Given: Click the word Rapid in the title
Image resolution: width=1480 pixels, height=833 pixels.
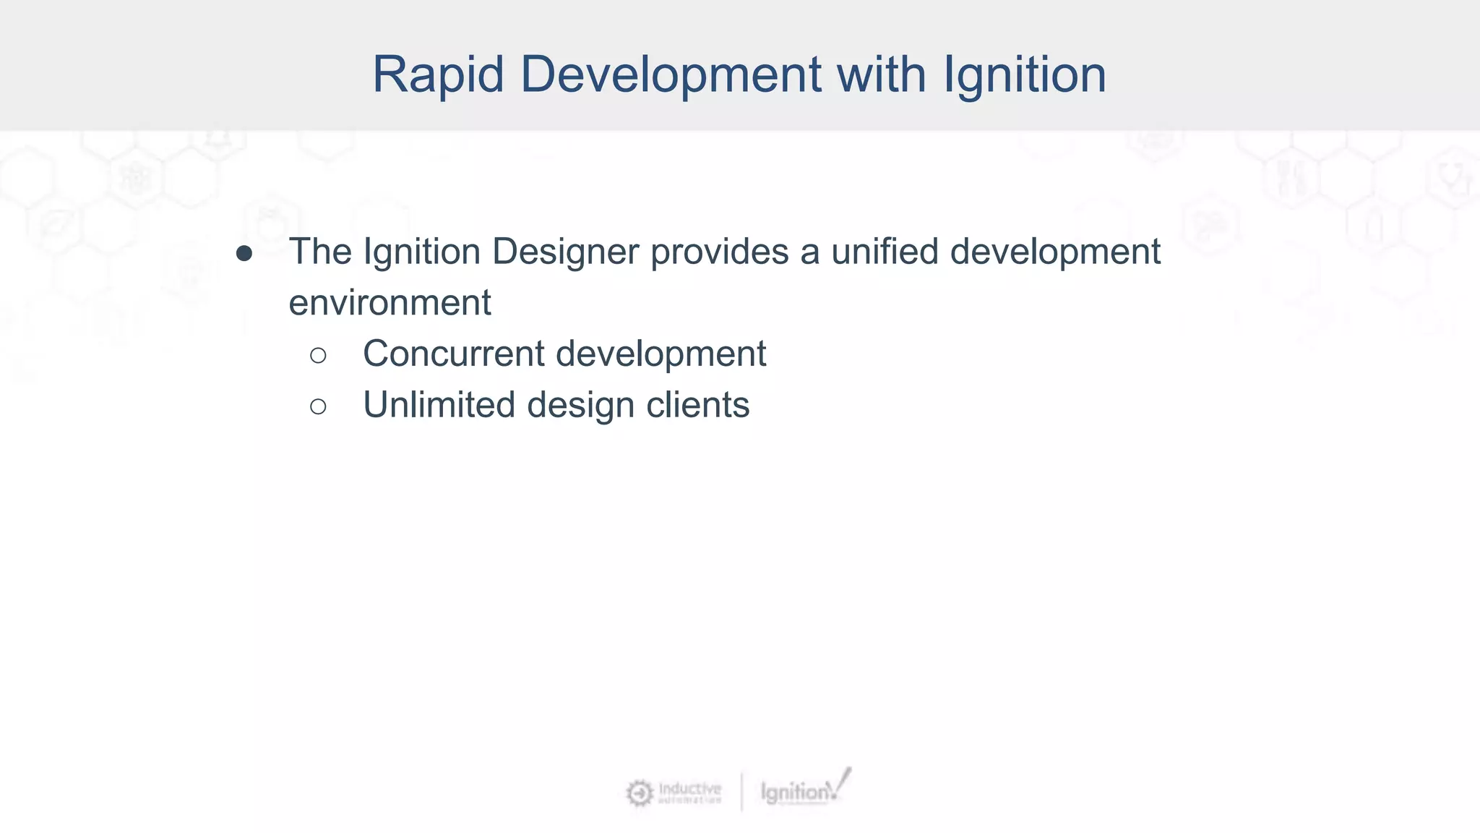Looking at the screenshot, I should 438,74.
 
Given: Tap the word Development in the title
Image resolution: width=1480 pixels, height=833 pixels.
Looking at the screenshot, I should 671,74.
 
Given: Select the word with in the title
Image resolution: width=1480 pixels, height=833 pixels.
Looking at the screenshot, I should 882,74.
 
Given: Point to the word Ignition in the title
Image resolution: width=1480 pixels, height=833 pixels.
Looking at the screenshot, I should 1025,74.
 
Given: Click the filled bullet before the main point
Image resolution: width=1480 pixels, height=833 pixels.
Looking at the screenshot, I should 244,254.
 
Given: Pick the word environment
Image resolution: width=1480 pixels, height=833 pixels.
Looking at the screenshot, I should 390,303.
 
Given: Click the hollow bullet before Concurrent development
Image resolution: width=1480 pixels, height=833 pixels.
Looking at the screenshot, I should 318,355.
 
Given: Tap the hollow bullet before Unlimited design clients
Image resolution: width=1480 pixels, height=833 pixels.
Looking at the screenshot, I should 318,406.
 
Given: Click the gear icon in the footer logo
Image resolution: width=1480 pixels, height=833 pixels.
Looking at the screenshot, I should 639,793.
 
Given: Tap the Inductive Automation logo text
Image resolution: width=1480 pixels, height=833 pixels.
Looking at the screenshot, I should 689,792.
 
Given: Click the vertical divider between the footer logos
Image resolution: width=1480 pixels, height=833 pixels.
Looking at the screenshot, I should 741,792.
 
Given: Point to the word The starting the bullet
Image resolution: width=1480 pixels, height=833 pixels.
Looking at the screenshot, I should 320,252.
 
